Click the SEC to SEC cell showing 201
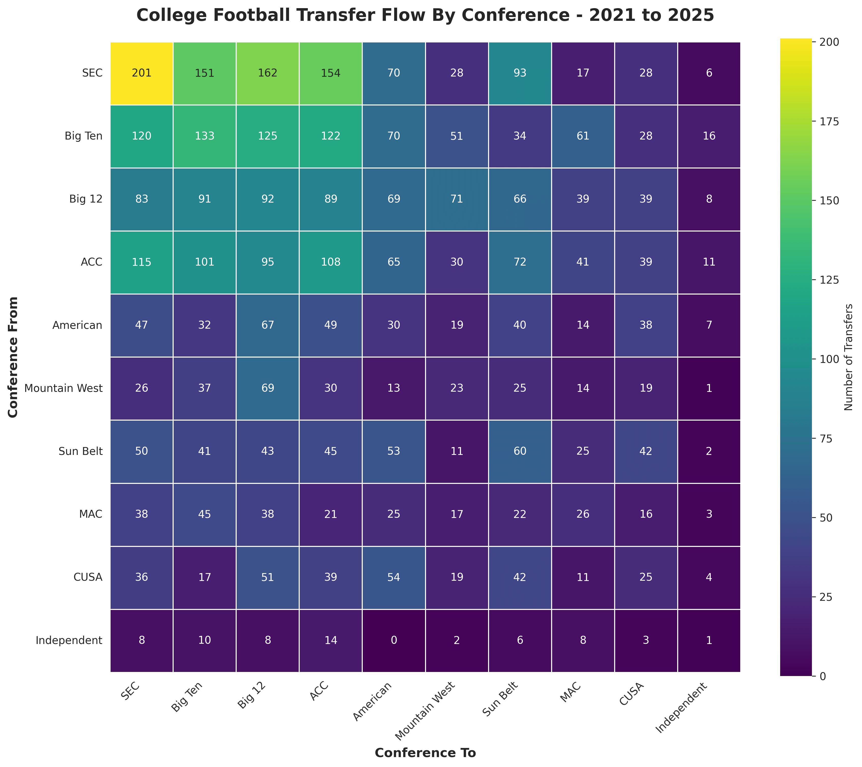pos(142,73)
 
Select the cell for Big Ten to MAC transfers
pos(583,136)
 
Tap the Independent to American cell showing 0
pos(394,640)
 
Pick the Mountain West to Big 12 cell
pos(267,388)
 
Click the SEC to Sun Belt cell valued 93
pos(520,73)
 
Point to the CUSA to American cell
pos(394,577)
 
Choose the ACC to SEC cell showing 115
pos(142,262)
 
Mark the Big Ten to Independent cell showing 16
pos(709,136)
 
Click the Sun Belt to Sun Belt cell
pos(520,451)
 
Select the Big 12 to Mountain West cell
pos(457,199)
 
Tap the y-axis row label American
pos(78,325)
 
